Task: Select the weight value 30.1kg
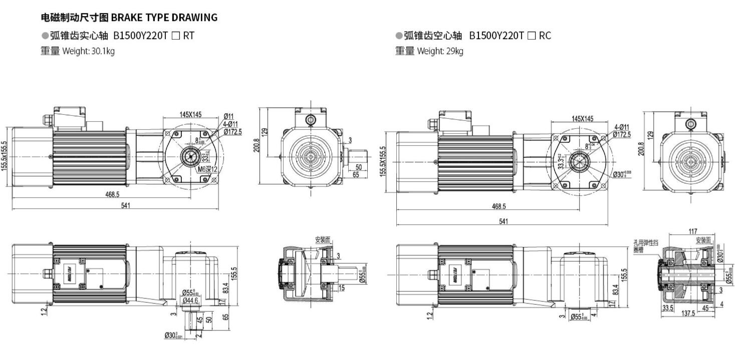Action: click(103, 51)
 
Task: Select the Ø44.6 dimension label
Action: click(190, 300)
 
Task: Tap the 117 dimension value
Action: click(693, 231)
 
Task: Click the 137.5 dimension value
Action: click(688, 313)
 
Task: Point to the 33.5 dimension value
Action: click(667, 308)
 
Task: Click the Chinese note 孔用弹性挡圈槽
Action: click(645, 246)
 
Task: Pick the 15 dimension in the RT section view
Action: click(341, 288)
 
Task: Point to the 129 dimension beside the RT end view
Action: click(265, 132)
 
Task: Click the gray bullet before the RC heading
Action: click(398, 36)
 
